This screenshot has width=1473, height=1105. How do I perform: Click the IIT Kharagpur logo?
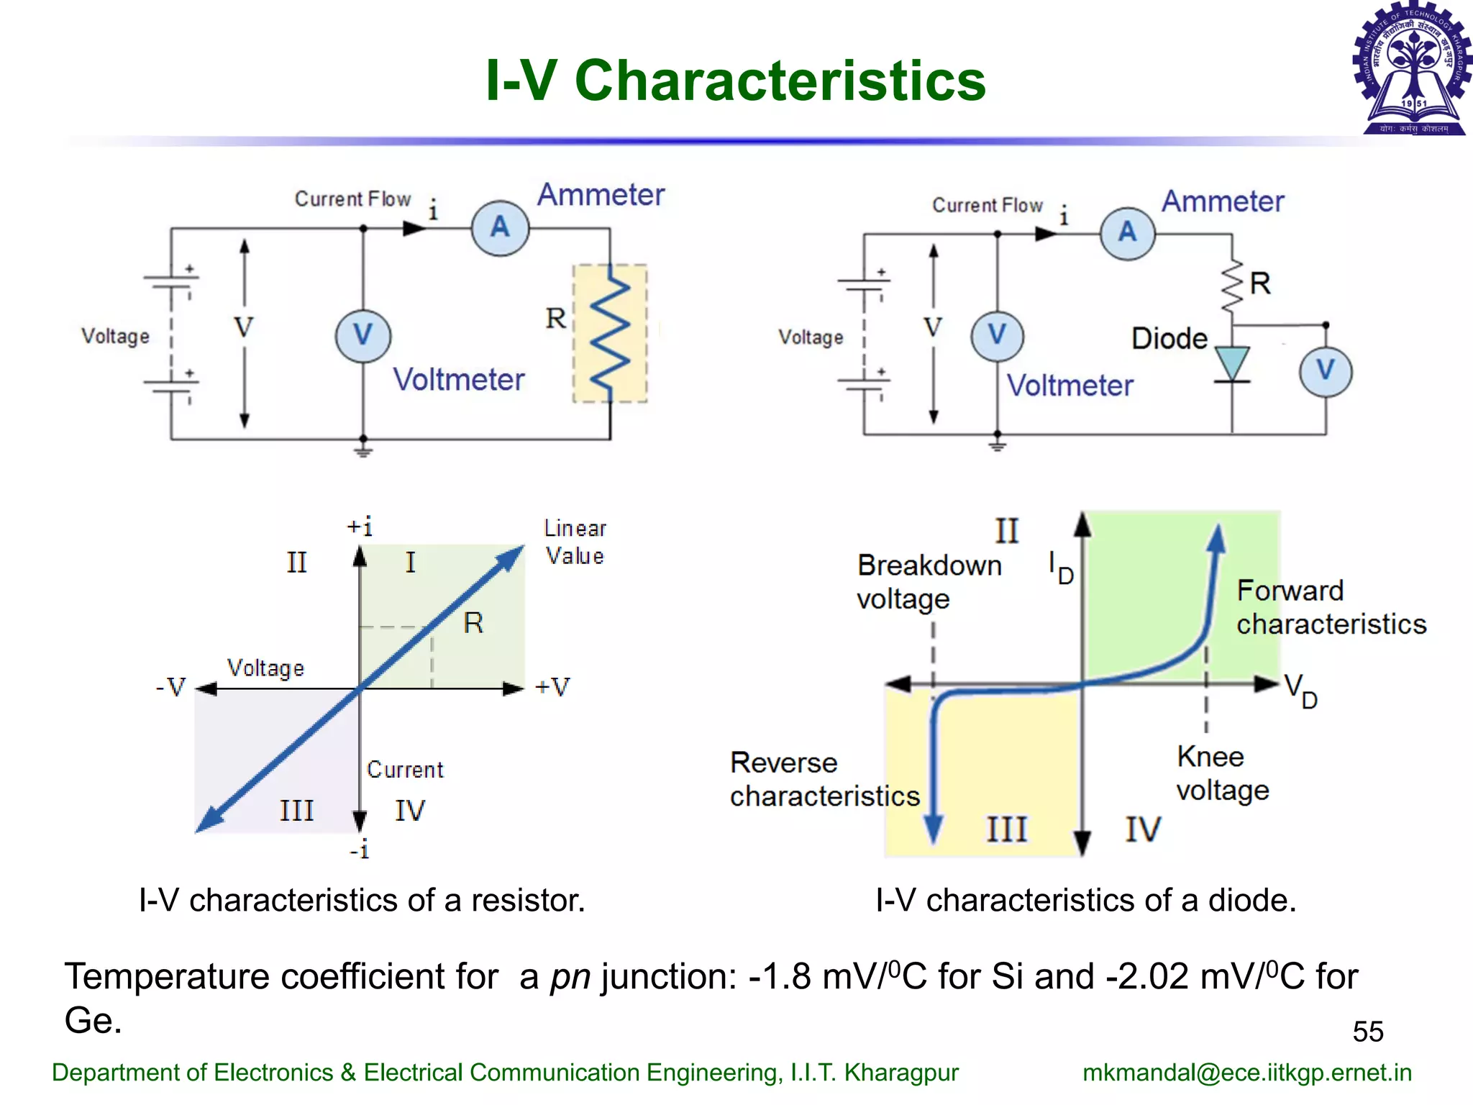point(1412,68)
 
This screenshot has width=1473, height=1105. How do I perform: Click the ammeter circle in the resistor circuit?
point(500,228)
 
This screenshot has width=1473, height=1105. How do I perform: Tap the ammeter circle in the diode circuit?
point(1128,232)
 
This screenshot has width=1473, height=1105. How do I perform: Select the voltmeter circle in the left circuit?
point(363,335)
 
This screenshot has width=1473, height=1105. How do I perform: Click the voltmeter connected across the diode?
point(1326,371)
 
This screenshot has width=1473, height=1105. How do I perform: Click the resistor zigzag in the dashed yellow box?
point(610,333)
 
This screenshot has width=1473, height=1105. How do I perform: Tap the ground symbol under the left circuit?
point(363,452)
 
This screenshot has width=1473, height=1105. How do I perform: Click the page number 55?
point(1367,1032)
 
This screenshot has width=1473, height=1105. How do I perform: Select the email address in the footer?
point(1246,1073)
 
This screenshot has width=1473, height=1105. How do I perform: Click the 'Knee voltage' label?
point(1222,773)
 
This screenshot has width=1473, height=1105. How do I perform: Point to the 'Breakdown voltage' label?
point(929,582)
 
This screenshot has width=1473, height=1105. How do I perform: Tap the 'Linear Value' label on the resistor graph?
point(575,542)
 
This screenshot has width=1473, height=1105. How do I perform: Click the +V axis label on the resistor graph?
point(552,687)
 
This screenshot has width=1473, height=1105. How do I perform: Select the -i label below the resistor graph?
point(360,850)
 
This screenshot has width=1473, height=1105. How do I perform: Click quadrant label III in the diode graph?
point(1006,829)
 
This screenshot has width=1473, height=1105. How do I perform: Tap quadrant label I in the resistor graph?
point(410,562)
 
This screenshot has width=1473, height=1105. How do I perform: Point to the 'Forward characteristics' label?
point(1331,607)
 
